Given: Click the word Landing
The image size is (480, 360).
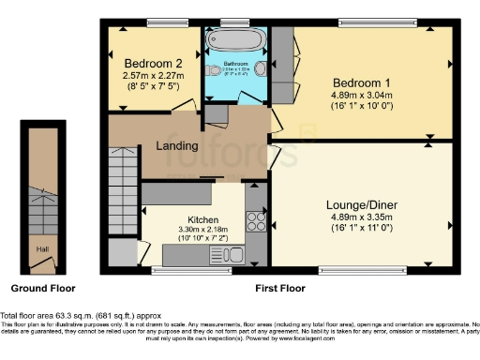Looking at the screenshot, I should click(x=176, y=145).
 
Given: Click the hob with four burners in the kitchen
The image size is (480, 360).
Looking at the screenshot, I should click(x=254, y=222).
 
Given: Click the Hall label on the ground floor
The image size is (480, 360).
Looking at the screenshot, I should click(x=42, y=249).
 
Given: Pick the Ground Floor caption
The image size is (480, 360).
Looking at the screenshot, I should click(x=42, y=289).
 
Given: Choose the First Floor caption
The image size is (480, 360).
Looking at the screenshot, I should click(x=280, y=289).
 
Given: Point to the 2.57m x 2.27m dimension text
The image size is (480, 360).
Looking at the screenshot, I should click(x=152, y=77).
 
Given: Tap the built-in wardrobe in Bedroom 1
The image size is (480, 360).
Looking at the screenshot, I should click(x=282, y=66).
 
